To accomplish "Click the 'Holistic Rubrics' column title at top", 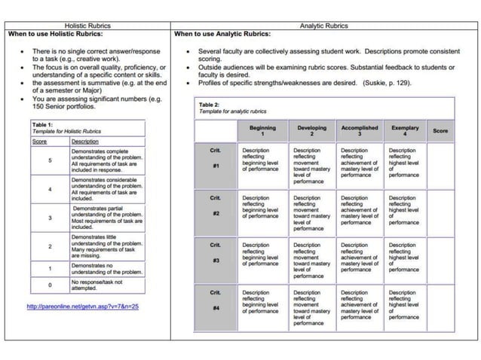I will coord(87,26).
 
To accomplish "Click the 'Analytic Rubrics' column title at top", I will coord(324,26).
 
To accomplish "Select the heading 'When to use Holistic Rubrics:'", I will coord(54,35).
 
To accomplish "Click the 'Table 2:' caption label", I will coord(209,105).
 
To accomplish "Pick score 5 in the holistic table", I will coord(50,160).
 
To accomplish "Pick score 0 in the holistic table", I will coord(50,285).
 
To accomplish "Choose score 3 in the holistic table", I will coord(50,218).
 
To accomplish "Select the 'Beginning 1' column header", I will coord(262,130).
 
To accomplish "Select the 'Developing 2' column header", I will coord(311,130).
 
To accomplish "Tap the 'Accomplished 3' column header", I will coord(360,130).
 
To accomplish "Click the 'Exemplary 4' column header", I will coord(405,130).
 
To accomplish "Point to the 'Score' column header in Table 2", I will coord(440,131).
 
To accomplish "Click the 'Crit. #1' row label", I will coord(215,159).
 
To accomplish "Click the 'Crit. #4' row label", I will coord(215,301).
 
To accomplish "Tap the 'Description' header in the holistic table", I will coord(85,141).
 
